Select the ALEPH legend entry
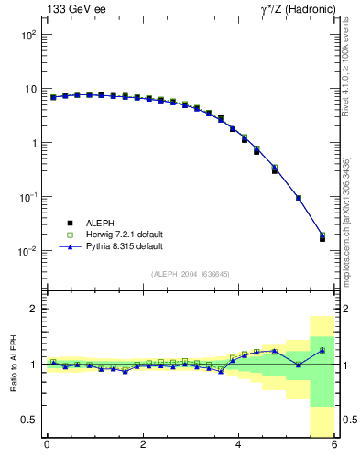(89, 223)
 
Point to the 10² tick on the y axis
(27, 35)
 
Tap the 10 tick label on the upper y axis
(29, 89)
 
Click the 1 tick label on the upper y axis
(33, 143)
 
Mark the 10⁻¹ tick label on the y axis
(27, 197)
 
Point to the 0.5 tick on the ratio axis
(28, 420)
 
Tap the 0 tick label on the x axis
(47, 445)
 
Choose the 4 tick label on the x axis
(239, 445)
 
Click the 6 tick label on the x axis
(334, 445)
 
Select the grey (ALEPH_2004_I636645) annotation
(191, 274)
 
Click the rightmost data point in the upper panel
(322, 237)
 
